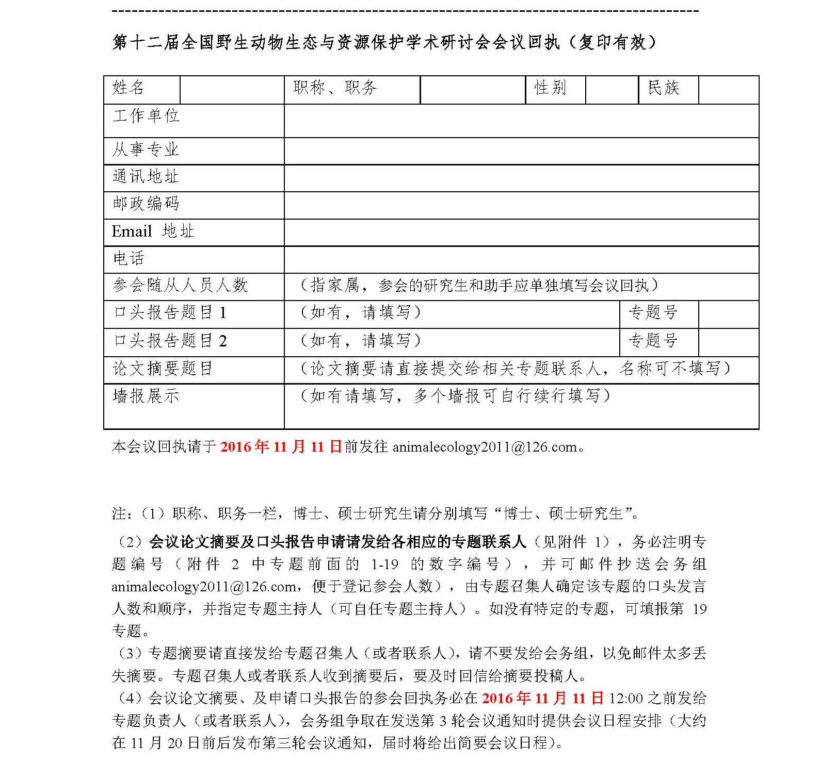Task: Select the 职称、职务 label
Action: (335, 88)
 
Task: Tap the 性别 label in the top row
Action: (550, 88)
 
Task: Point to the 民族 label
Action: (664, 88)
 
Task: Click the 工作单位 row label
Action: (146, 115)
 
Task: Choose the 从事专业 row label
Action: (146, 150)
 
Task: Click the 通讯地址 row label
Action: (146, 176)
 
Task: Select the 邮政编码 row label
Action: (146, 204)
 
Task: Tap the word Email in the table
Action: (132, 231)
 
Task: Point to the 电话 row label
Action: (128, 258)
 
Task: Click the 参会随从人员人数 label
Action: (180, 285)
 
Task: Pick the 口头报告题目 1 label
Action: (170, 312)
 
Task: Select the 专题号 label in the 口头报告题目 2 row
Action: (653, 340)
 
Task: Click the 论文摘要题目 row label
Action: (163, 368)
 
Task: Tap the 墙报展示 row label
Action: (146, 396)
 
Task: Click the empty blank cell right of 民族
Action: (728, 90)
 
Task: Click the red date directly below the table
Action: (281, 446)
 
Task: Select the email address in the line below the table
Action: (485, 447)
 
